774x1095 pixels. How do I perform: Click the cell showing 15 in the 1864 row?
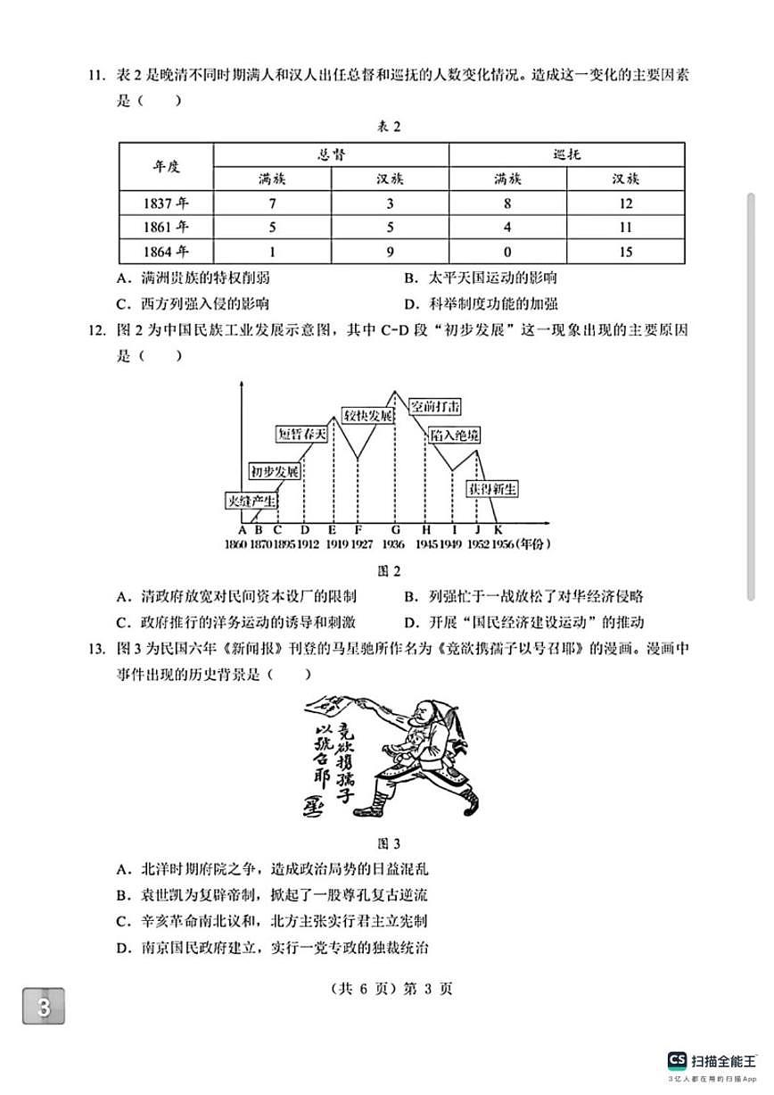click(x=625, y=252)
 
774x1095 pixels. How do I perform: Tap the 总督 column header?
click(x=331, y=154)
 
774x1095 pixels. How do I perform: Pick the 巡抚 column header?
click(x=566, y=154)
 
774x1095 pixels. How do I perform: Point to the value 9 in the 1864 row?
click(x=390, y=252)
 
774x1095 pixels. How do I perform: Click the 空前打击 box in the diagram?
click(x=435, y=406)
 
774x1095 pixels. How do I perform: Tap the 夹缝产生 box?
click(x=251, y=501)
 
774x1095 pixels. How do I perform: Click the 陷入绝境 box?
click(x=455, y=435)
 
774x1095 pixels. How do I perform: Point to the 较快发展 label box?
click(x=368, y=416)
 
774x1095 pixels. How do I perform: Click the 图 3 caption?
click(x=390, y=843)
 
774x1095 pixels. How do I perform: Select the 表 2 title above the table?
click(x=388, y=127)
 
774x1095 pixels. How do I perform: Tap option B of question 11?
click(x=481, y=278)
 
